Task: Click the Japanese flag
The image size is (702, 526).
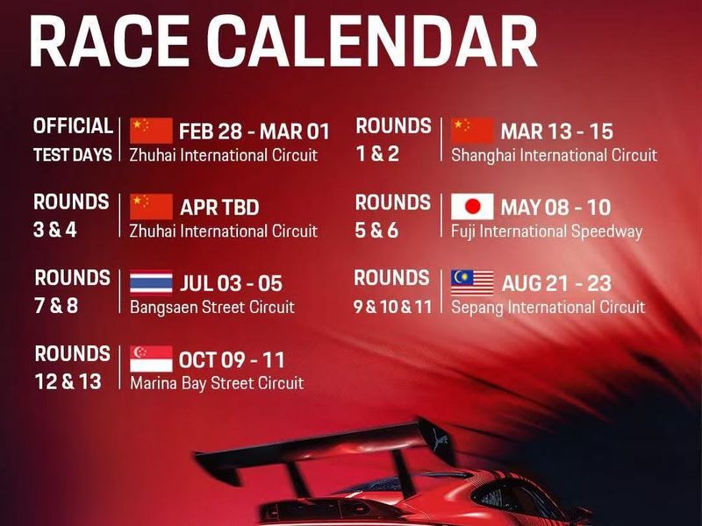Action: coord(472,207)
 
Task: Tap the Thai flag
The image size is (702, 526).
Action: coord(151,283)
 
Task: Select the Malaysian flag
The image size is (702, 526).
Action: coord(472,282)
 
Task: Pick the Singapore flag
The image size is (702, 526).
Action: coord(151,359)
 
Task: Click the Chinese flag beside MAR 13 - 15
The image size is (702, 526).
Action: coord(472,131)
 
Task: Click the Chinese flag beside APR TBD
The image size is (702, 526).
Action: coord(151,207)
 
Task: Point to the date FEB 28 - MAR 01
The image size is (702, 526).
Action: coord(254,131)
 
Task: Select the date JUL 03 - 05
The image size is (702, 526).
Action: coord(232,284)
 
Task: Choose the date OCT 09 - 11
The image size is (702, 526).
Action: coord(232,360)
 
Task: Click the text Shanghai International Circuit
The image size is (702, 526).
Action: coord(554,155)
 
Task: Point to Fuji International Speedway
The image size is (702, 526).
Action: coord(546,231)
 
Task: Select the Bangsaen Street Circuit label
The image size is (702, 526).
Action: coord(211,308)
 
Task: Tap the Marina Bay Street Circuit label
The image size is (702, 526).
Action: coord(216,383)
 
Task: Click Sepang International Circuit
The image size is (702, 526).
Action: coord(548,307)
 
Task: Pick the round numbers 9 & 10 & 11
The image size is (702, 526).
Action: coord(393,307)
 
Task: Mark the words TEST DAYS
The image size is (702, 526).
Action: coord(73,155)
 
